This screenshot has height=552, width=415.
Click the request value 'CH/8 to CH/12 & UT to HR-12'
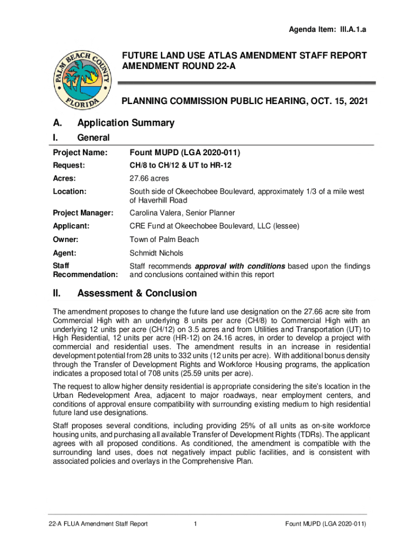point(181,165)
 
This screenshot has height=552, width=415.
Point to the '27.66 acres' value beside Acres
point(149,178)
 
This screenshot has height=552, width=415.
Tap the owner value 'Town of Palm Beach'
point(164,239)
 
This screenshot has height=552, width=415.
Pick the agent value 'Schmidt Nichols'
point(156,253)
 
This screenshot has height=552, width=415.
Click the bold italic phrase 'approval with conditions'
point(240,266)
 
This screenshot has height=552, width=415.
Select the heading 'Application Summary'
point(126,123)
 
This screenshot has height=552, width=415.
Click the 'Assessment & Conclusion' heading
point(137,293)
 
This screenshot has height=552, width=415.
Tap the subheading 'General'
point(94,138)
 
